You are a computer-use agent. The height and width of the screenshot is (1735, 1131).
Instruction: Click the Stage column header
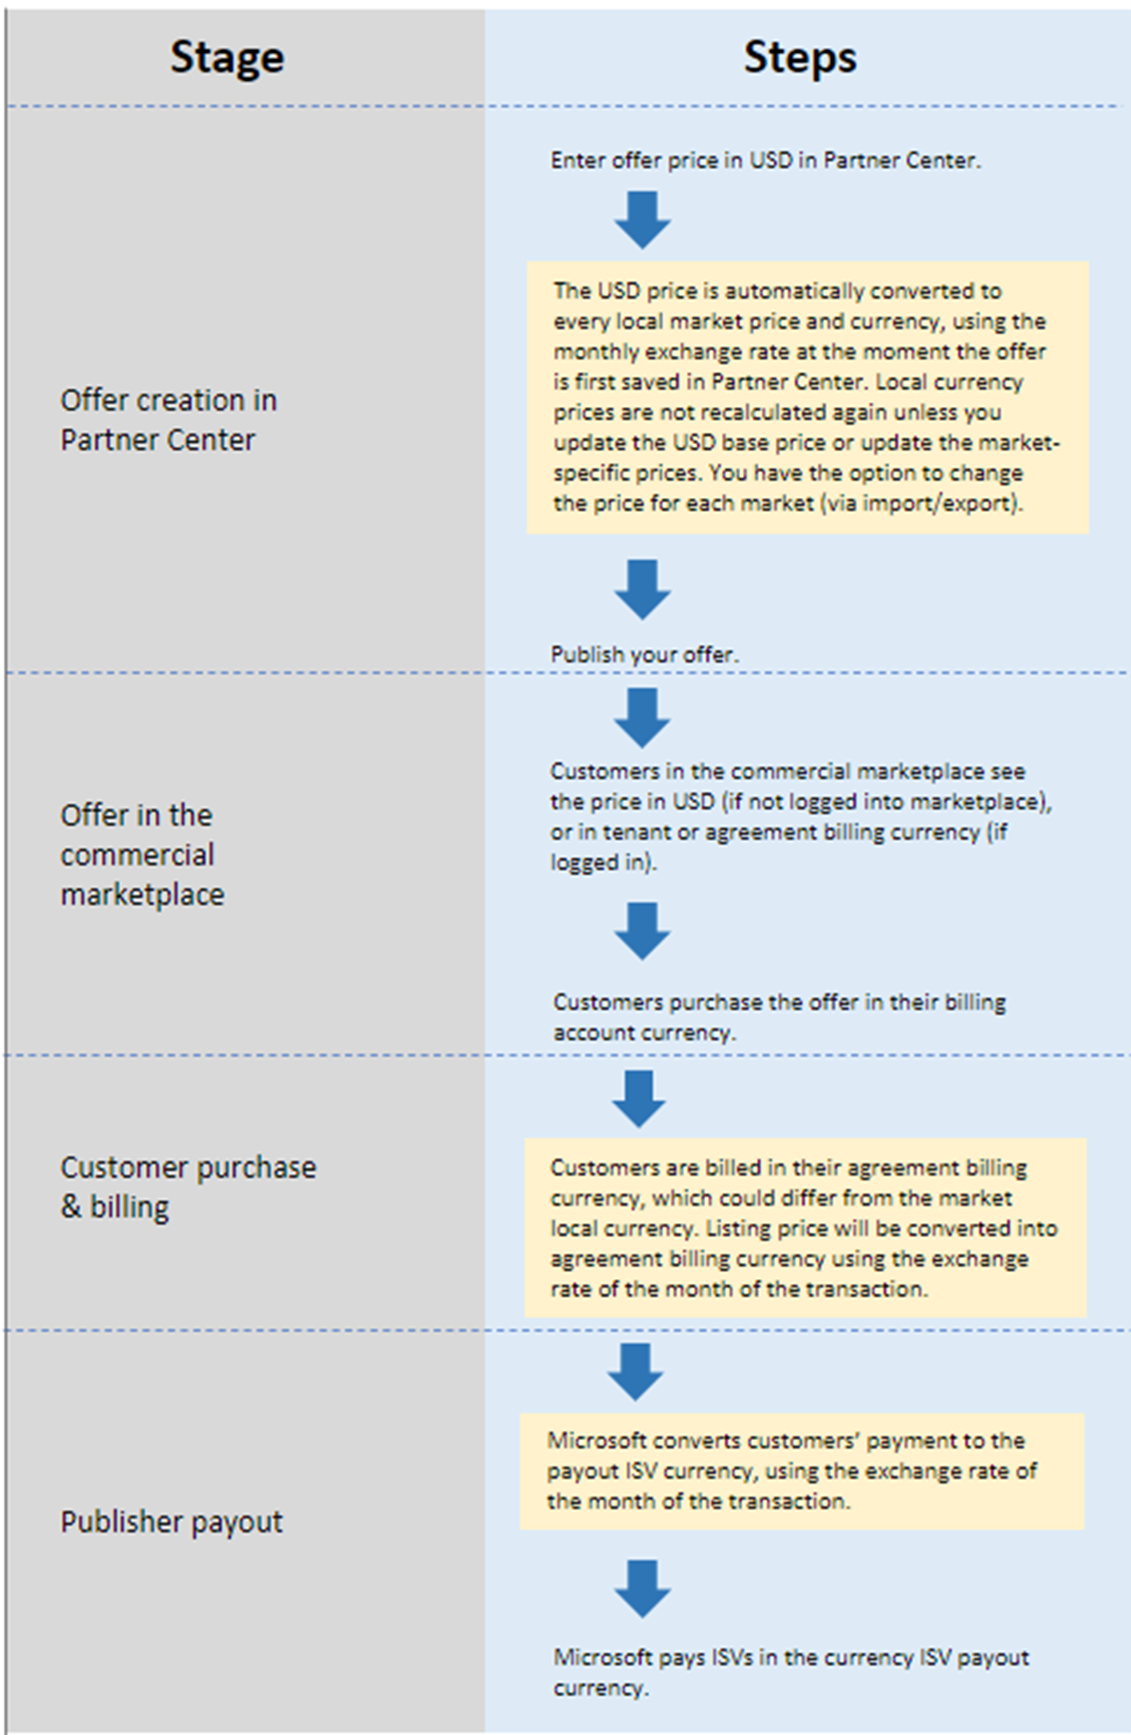tap(226, 57)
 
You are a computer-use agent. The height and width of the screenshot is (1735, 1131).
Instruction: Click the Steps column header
tap(799, 57)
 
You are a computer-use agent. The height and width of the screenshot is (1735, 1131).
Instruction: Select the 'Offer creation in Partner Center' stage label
tap(168, 420)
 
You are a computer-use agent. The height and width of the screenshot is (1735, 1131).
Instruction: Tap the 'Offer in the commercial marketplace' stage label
tap(142, 855)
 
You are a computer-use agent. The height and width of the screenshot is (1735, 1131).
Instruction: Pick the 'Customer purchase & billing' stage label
tap(188, 1187)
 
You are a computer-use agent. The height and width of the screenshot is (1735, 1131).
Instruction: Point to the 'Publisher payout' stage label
tap(172, 1521)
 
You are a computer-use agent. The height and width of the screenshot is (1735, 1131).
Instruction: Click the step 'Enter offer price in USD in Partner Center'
tap(765, 161)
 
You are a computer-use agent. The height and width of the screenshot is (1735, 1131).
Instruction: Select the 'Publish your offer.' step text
tap(644, 654)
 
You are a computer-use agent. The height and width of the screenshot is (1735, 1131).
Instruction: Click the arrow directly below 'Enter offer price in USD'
tap(642, 220)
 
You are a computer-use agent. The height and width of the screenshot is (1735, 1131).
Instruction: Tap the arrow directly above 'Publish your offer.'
tap(642, 590)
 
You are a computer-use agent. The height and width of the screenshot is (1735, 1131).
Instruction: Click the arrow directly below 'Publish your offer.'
tap(642, 717)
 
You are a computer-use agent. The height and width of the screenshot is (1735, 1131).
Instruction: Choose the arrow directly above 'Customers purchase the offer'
tap(642, 931)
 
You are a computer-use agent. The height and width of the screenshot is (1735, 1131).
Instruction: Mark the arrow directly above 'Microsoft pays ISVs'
tap(642, 1588)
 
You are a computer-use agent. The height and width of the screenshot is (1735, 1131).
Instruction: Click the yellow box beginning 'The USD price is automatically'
tap(807, 397)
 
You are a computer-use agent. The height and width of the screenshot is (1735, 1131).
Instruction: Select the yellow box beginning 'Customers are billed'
tap(805, 1228)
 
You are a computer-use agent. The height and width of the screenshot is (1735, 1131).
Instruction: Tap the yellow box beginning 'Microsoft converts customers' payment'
tap(801, 1471)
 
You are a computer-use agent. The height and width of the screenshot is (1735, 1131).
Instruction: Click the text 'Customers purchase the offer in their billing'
tap(779, 1003)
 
